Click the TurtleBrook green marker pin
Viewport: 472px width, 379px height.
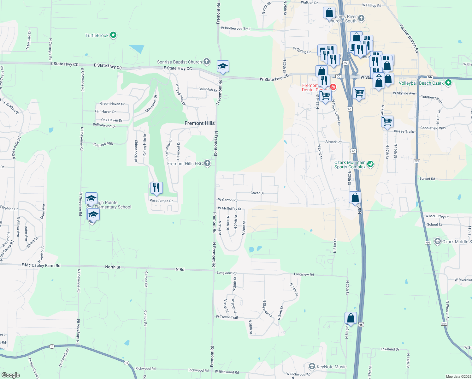[x=113, y=35]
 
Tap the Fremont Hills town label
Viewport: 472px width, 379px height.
[x=199, y=123]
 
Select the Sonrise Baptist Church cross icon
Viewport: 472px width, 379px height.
[x=207, y=61]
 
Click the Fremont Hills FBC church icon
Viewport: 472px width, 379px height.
[x=207, y=163]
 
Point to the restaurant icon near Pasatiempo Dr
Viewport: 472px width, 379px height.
[x=156, y=188]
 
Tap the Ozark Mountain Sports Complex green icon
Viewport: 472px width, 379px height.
[x=371, y=164]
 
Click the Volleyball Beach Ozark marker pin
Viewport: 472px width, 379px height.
[x=448, y=83]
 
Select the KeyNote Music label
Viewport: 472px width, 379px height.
[x=331, y=367]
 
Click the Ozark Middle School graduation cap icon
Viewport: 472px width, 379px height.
[x=437, y=241]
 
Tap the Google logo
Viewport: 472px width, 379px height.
[x=10, y=375]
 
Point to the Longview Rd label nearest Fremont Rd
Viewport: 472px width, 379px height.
[x=227, y=273]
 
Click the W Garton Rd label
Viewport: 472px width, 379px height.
[x=227, y=200]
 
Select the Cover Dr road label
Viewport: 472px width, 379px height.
[x=257, y=193]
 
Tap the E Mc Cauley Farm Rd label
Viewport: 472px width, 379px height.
[x=41, y=265]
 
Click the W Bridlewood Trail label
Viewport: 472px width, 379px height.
[x=235, y=28]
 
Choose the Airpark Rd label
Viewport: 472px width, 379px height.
[x=333, y=142]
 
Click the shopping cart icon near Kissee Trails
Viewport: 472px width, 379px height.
[x=387, y=121]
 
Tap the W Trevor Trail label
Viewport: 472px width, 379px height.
[x=227, y=317]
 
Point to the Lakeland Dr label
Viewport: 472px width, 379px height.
[x=390, y=349]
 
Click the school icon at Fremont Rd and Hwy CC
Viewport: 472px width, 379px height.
[x=223, y=67]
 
